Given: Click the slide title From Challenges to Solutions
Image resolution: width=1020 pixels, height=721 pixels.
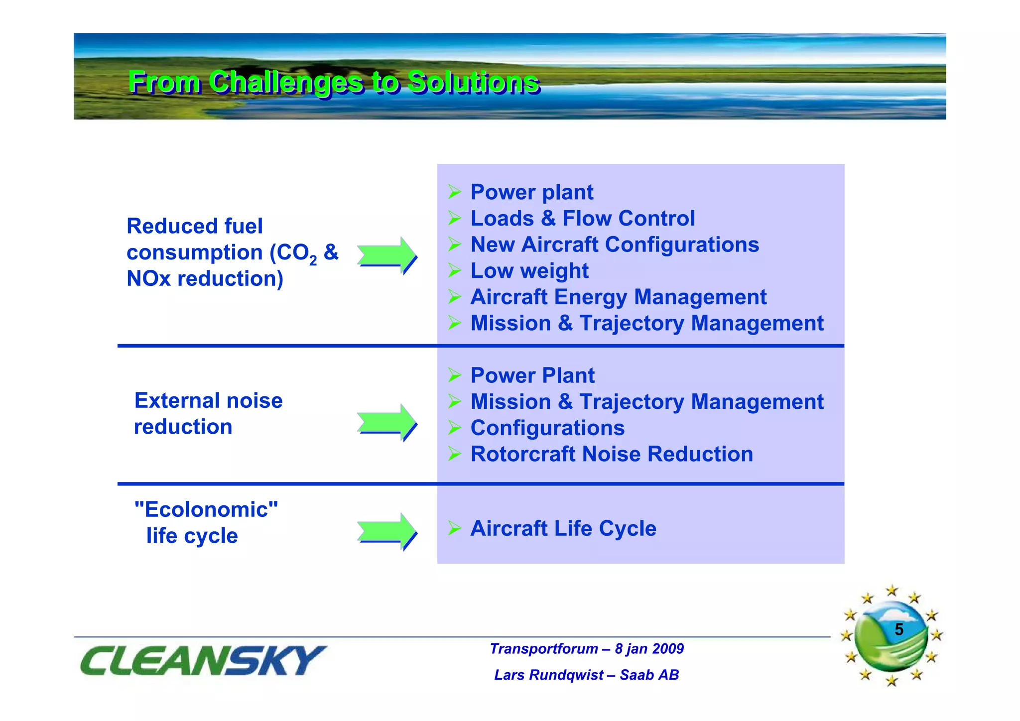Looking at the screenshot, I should coord(334,82).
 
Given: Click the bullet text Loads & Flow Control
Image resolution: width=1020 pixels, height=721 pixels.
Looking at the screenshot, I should coord(582,219).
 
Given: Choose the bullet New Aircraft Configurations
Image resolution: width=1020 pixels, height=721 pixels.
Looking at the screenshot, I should coord(614,245).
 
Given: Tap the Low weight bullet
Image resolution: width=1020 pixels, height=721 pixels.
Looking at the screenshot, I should coord(529,271).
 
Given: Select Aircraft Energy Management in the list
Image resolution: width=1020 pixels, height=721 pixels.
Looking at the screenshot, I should coord(618,297).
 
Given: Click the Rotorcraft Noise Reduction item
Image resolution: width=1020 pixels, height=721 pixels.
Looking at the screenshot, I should coord(611,454).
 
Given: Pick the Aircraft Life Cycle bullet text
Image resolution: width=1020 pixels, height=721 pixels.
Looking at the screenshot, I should coord(563,528).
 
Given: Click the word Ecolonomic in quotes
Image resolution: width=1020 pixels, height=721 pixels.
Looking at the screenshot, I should coord(206,509).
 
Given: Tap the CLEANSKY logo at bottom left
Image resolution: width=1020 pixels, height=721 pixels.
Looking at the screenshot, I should coord(203,660).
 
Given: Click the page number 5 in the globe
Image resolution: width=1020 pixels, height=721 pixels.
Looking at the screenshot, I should coord(898,629).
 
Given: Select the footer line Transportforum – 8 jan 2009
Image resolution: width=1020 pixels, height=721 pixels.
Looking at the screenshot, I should coord(586,649).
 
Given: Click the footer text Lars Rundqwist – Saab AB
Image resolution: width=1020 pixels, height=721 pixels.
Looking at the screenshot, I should coord(586,675).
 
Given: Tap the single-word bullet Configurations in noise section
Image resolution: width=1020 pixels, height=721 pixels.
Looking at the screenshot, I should coord(547,428).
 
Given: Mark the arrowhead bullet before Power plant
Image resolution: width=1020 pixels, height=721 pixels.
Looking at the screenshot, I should coord(454,192).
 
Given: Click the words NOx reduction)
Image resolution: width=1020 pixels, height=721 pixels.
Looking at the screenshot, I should coord(205,279).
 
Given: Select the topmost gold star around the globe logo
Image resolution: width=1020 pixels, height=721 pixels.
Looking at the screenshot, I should coord(892,591).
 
